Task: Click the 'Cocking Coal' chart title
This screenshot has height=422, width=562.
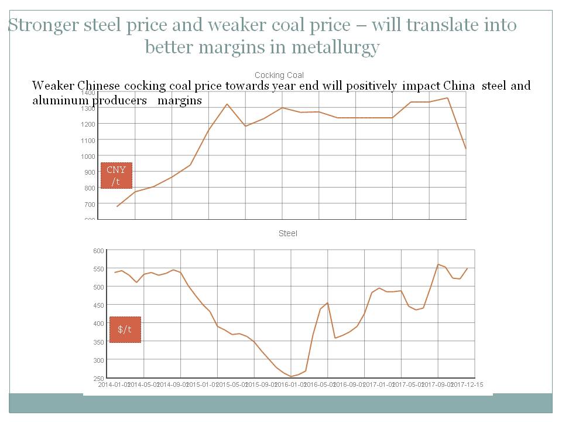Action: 279,75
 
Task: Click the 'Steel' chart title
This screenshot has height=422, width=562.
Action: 287,233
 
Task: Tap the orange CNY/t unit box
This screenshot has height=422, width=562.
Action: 116,176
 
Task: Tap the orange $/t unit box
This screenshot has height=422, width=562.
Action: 125,329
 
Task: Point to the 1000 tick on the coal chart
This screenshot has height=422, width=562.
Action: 88,156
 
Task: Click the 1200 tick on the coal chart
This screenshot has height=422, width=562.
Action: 88,124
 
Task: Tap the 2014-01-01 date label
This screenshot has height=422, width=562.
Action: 112,384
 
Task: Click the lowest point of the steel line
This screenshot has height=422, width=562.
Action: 291,376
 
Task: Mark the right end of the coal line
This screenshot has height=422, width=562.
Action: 465,149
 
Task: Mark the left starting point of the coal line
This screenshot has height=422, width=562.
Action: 117,206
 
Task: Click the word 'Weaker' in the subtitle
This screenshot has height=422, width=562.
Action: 53,86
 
